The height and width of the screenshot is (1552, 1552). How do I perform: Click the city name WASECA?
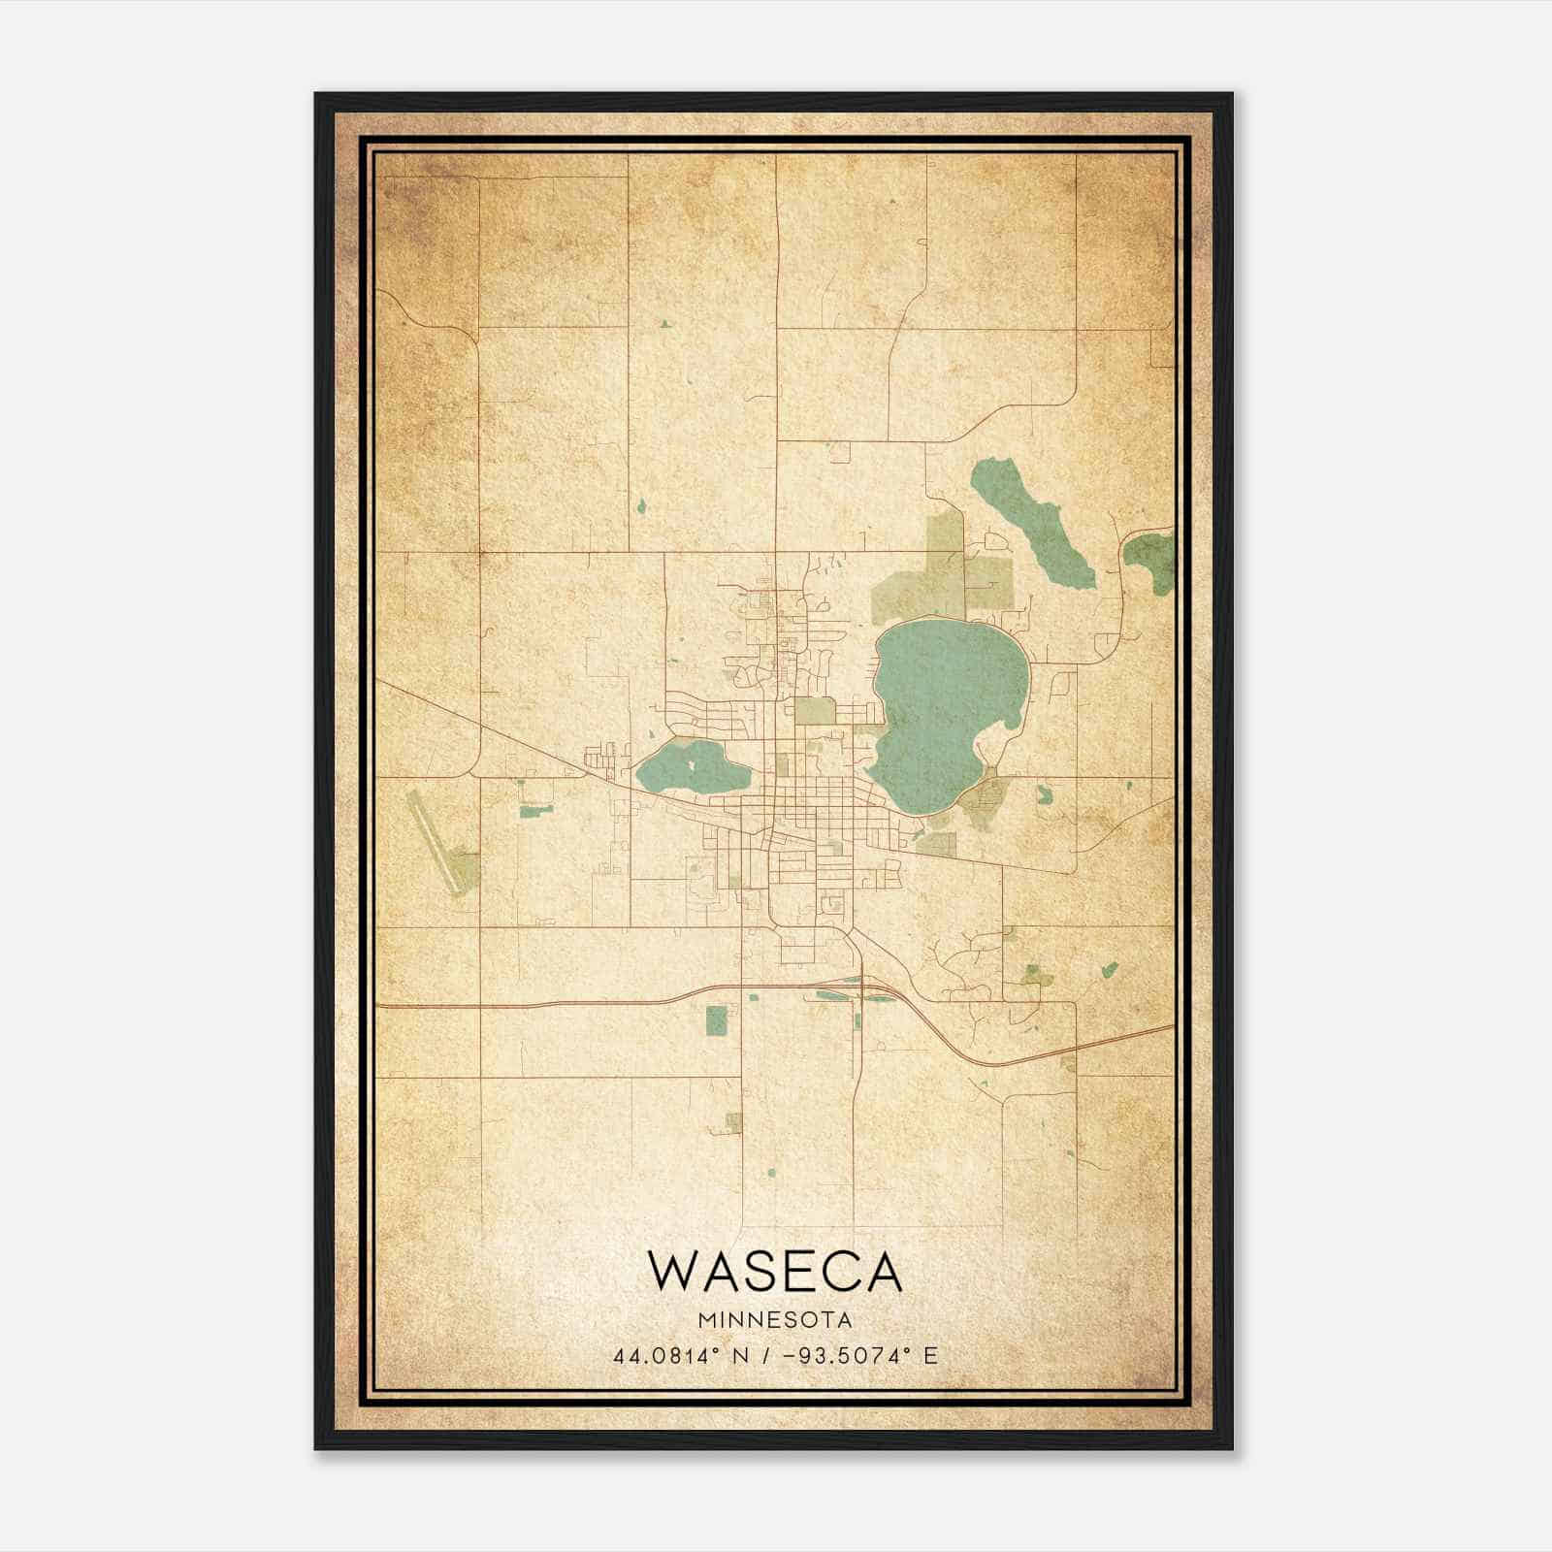coord(775,1273)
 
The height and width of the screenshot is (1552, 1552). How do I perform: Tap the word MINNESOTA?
coord(775,1319)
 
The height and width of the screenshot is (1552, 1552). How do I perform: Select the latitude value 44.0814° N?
coord(674,1355)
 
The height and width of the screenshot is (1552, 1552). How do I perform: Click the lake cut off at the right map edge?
coord(1152,561)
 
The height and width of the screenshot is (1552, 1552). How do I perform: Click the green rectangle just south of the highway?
coord(716,1020)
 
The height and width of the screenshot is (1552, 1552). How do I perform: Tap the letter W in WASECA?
coord(670,1273)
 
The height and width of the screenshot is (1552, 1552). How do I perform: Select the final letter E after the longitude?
coord(931,1355)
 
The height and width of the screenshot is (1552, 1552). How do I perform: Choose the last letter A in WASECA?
coord(883,1273)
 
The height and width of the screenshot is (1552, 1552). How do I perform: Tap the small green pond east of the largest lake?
coord(1045,794)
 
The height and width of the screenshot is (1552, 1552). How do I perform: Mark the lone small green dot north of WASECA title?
coord(771,1174)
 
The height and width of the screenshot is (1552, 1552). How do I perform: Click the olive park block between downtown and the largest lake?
coord(815,711)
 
